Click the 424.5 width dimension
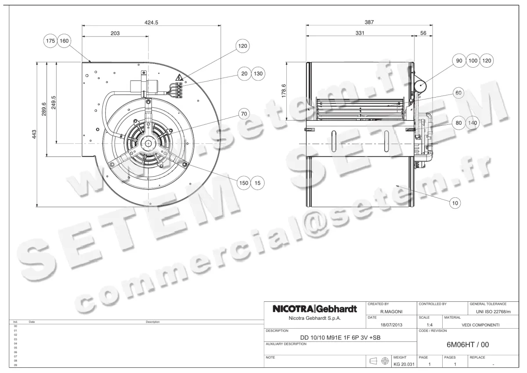[x=151, y=22]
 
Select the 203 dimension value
[x=115, y=33]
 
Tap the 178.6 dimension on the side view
[x=283, y=91]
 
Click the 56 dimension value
[x=423, y=33]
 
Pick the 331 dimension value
[x=360, y=33]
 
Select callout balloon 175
[x=51, y=41]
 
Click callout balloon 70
[x=244, y=114]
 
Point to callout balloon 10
[x=455, y=203]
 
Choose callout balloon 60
[x=458, y=93]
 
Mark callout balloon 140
[x=472, y=123]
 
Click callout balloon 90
[x=459, y=61]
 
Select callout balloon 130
[x=258, y=73]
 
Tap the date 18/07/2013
[x=391, y=325]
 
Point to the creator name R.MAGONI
[x=391, y=311]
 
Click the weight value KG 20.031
[x=403, y=364]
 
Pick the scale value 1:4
[x=430, y=325]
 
